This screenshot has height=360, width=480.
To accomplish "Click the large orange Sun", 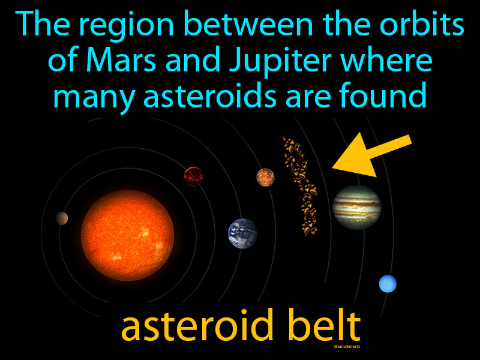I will coord(127,235).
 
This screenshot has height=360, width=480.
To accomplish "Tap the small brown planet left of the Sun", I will coord(62,218).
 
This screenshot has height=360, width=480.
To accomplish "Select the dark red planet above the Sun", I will coord(193,176).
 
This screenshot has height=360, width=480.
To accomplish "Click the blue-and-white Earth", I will coord(242,233).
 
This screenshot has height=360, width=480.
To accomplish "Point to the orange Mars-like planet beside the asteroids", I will coord(265,177).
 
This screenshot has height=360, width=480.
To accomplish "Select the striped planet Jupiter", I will coord(356,207).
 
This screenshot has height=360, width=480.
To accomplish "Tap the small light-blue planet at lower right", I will coord(388,283).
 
